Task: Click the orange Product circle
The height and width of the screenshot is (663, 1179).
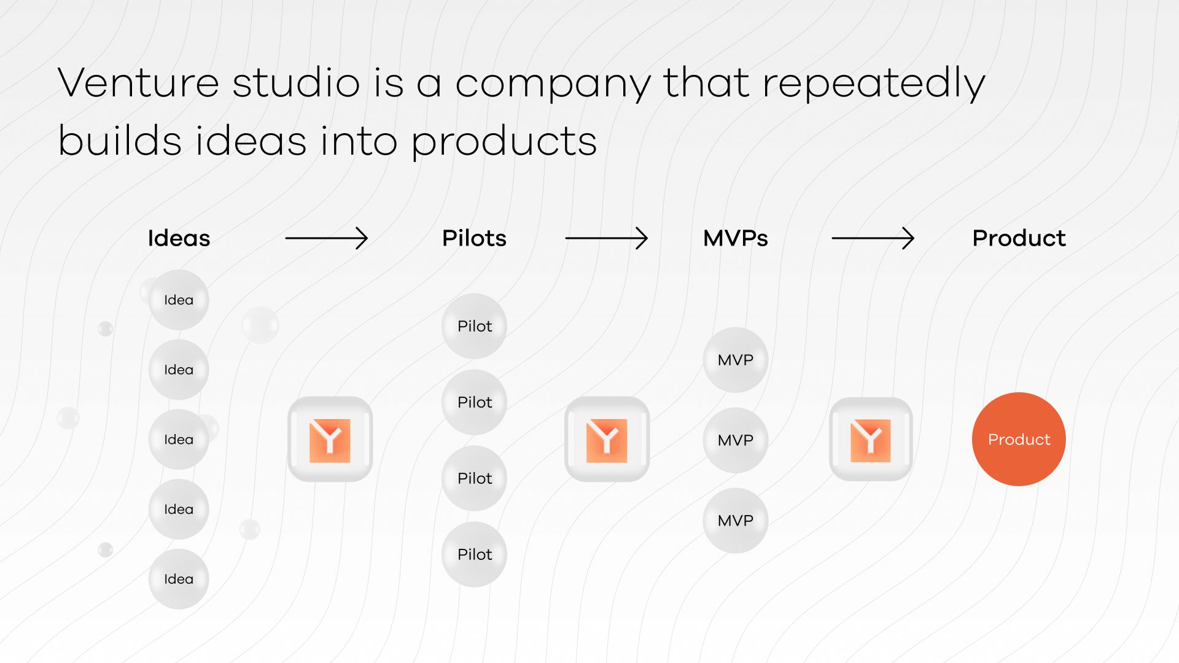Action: click(1019, 440)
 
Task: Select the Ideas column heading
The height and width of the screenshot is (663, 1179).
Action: click(179, 238)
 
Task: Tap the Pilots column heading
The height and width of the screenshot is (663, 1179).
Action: click(474, 238)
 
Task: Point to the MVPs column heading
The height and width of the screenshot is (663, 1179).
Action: click(735, 238)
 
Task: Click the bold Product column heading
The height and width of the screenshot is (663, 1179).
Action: click(1019, 238)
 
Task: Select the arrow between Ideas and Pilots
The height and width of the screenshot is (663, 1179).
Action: click(326, 238)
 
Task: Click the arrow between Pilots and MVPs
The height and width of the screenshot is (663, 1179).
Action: click(606, 238)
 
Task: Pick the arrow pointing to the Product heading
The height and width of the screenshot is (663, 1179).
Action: click(873, 238)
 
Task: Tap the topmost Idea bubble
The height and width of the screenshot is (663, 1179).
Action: click(179, 300)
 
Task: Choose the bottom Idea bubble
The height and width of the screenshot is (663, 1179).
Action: click(179, 579)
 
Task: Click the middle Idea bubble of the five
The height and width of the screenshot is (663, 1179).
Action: click(179, 440)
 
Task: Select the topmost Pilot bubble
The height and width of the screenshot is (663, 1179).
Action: click(474, 326)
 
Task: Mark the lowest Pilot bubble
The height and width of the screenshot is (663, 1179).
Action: click(474, 554)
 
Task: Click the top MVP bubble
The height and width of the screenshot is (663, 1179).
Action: click(735, 360)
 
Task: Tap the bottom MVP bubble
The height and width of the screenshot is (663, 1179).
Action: click(735, 521)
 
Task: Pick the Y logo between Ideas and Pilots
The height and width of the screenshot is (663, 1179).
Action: click(330, 440)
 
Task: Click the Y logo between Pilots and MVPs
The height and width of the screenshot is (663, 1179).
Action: click(607, 440)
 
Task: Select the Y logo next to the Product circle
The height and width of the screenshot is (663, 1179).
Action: click(871, 440)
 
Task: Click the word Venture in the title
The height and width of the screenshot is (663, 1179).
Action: click(138, 83)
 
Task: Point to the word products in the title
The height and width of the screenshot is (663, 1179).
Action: click(504, 142)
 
